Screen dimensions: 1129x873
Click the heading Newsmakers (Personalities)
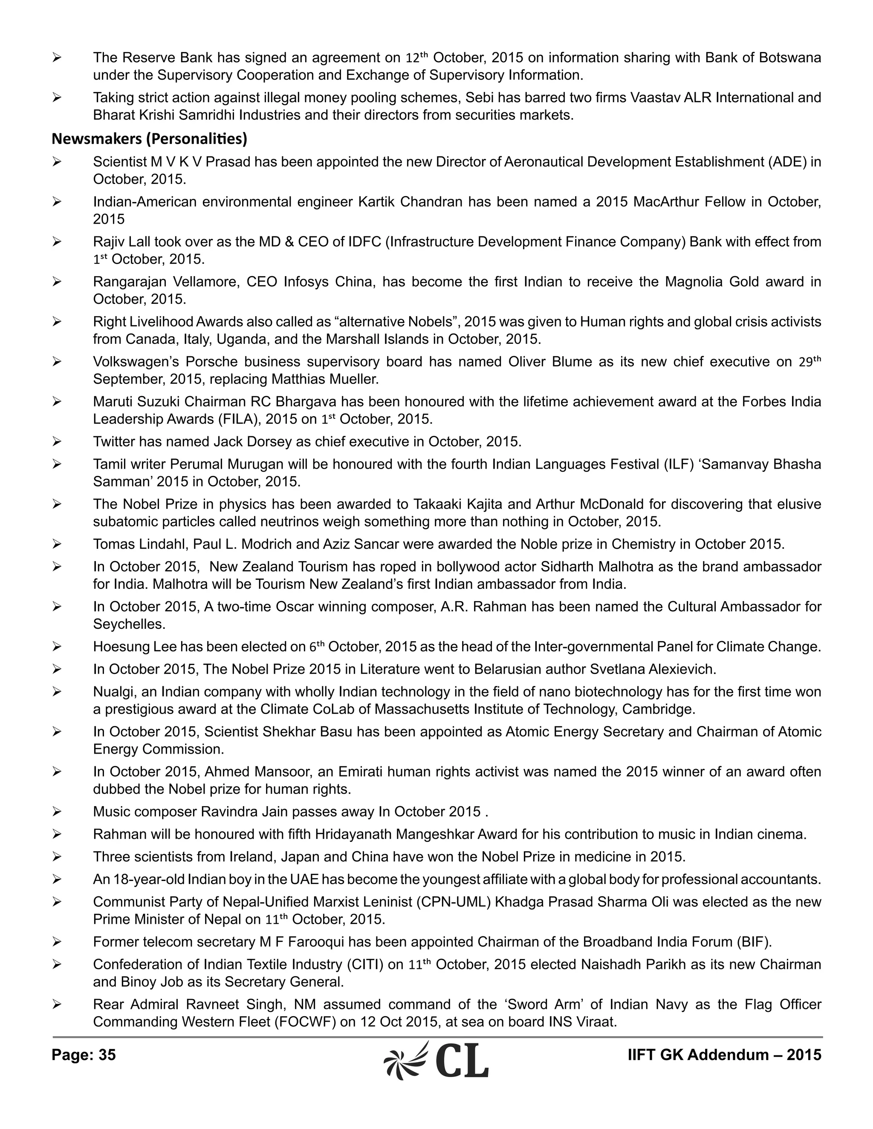click(149, 139)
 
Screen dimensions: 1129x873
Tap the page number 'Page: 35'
click(84, 1054)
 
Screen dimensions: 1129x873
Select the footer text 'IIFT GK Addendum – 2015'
click(724, 1054)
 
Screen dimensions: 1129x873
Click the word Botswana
click(790, 58)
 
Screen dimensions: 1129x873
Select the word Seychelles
click(129, 624)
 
